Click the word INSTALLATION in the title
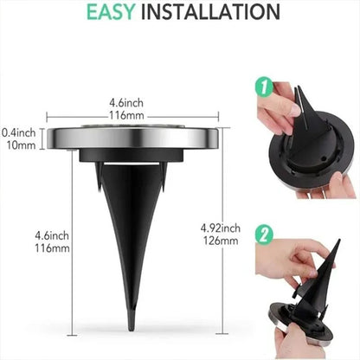[212, 12]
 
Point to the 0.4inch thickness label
[18, 132]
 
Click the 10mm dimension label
[18, 146]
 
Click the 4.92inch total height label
[217, 228]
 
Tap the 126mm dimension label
[217, 241]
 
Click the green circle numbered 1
[261, 87]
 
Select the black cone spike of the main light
[126, 234]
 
